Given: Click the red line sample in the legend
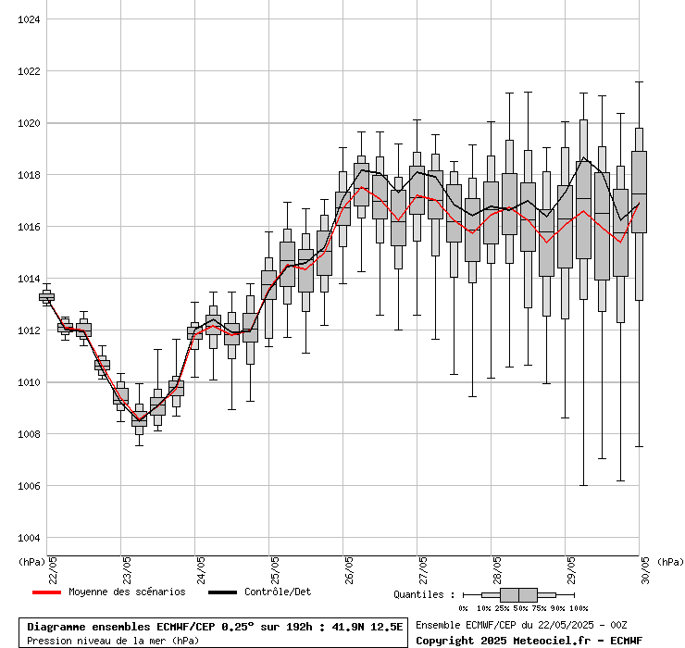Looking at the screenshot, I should coord(46,592).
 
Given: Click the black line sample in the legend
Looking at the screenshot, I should coord(222,592).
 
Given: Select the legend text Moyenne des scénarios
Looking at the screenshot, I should coord(127,592).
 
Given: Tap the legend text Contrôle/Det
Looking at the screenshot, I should coord(279,592).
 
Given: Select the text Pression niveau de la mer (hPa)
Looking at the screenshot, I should coord(112,640).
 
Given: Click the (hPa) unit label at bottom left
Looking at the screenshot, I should coord(30,562).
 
